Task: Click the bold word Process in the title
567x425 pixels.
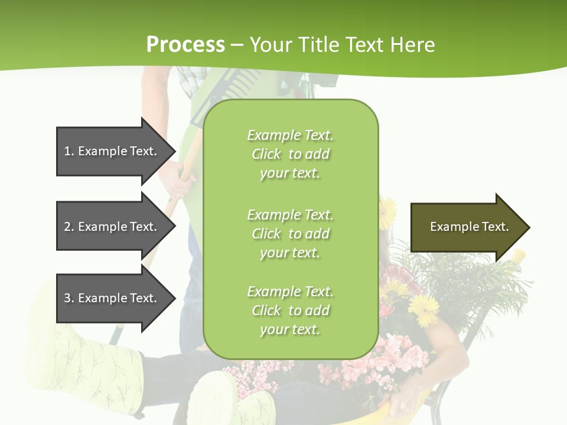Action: click(x=185, y=44)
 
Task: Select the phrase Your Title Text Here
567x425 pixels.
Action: click(x=342, y=45)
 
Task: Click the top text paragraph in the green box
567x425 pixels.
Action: click(x=290, y=154)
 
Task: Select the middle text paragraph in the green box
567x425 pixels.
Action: click(x=290, y=234)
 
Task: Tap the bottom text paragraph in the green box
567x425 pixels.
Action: click(x=290, y=310)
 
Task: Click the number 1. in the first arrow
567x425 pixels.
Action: click(x=69, y=151)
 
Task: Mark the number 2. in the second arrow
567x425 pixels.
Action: click(x=69, y=227)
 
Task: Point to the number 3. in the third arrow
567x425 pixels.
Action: click(x=69, y=298)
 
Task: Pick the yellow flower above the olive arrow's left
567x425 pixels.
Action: click(x=387, y=210)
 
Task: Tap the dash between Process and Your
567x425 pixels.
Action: click(x=237, y=45)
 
